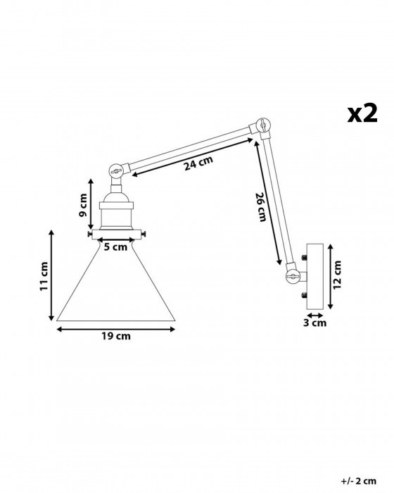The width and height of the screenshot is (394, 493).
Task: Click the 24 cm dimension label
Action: [198, 163]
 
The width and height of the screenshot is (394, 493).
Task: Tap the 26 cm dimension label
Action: [261, 206]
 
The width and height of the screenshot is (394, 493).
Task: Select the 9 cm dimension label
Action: [82, 206]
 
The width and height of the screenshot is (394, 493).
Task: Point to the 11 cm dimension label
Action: [44, 276]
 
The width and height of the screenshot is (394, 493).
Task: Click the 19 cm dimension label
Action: [115, 336]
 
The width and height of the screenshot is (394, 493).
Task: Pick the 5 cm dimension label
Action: [115, 246]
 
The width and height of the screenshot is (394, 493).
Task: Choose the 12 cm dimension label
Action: [337, 275]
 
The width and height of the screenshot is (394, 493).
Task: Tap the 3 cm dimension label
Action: [314, 323]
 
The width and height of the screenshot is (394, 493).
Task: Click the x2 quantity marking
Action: [362, 113]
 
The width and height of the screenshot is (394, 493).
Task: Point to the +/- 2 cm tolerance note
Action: [359, 481]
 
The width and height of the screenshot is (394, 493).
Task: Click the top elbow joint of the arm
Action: [262, 126]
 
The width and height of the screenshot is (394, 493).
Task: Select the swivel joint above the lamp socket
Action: [115, 170]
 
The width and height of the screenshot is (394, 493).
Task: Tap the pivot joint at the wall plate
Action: [293, 276]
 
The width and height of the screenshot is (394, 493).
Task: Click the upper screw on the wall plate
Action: [304, 258]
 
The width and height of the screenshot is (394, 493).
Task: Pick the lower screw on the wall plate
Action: [304, 295]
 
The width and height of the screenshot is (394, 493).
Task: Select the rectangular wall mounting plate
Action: [315, 276]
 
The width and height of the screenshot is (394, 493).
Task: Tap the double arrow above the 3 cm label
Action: [315, 315]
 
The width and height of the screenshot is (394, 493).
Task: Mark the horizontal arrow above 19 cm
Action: [115, 329]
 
